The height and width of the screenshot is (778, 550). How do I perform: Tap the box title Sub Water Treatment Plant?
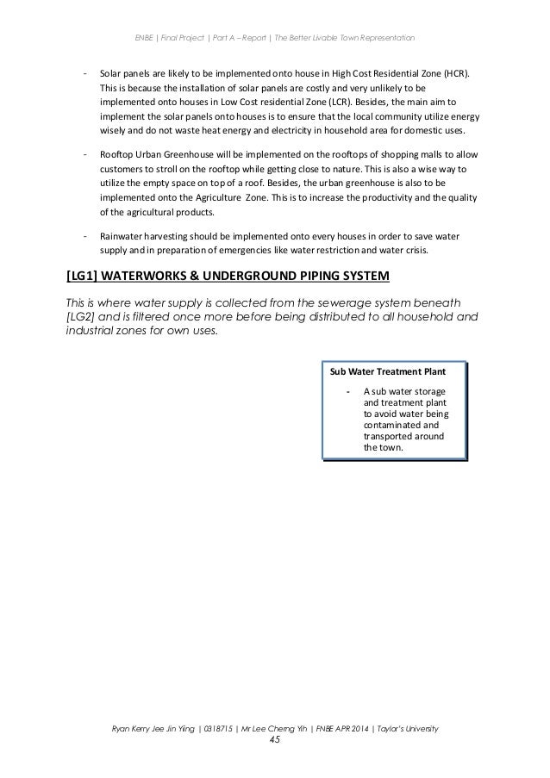coord(389,373)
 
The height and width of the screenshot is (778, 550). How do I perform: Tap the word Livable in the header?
coord(318,38)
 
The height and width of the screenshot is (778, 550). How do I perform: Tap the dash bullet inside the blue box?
coord(347,392)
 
